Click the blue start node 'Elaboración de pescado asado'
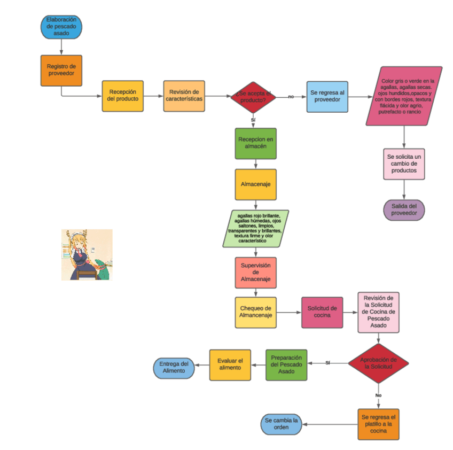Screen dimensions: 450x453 coord(61,26)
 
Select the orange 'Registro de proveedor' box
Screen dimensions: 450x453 coord(61,70)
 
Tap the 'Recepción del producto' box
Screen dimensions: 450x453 coord(122,96)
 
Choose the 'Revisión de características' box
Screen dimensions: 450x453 coord(184,96)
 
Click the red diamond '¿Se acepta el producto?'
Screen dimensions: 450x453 coord(253,97)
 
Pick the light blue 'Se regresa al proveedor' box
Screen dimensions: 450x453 coord(327,96)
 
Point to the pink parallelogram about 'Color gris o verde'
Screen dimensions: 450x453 coord(405,96)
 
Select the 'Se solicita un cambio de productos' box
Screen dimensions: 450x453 coord(404,164)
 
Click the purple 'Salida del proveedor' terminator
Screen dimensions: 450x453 coord(404,210)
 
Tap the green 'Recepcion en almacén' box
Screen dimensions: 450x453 coord(255,143)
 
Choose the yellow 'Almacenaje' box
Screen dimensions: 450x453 coord(255,184)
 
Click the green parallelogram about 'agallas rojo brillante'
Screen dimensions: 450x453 coord(255,229)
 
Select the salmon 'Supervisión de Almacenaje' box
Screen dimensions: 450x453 coord(255,273)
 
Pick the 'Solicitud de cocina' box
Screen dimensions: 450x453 coord(322,312)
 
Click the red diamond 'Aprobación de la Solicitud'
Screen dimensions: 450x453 coord(378,363)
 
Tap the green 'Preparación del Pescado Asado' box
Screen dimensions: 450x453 coord(286,364)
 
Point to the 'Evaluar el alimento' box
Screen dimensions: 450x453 coord(230,364)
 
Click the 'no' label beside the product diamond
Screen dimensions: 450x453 coord(291,97)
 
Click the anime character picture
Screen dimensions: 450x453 coord(87,255)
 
